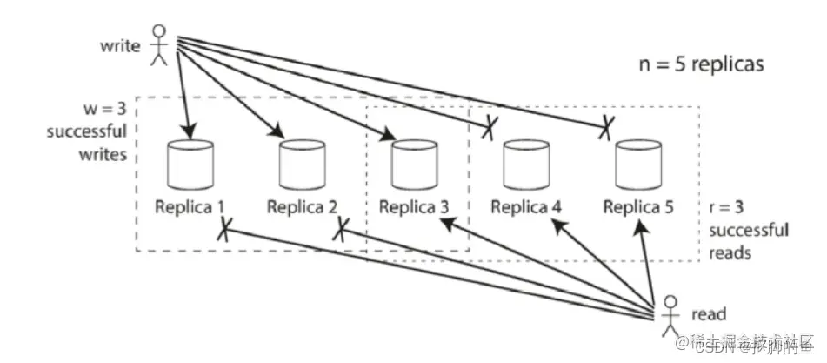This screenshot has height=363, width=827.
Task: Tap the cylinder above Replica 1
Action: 184,163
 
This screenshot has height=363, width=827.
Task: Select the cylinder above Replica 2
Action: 297,163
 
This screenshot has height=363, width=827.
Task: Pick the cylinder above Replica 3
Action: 409,163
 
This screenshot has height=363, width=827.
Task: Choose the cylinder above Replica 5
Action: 633,163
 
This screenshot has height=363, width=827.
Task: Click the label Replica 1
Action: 190,207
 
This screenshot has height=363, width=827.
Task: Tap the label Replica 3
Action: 414,207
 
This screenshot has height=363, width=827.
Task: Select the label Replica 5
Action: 638,207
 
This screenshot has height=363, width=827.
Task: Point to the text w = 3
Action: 101,113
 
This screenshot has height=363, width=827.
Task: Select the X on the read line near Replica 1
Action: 224,230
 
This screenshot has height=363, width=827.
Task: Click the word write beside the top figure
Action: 120,44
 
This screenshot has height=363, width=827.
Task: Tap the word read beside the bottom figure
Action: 710,314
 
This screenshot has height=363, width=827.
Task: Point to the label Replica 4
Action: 526,207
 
